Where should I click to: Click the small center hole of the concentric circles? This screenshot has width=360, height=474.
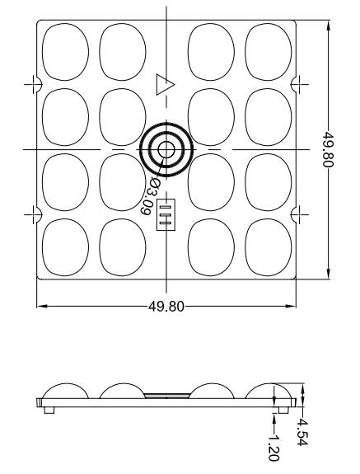point(166,149)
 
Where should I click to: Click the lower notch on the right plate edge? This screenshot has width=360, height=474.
point(297,214)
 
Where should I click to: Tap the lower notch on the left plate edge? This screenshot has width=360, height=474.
point(36,214)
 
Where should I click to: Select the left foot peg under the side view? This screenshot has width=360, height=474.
point(50,409)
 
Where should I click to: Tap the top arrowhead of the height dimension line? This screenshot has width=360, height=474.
point(330,24)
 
